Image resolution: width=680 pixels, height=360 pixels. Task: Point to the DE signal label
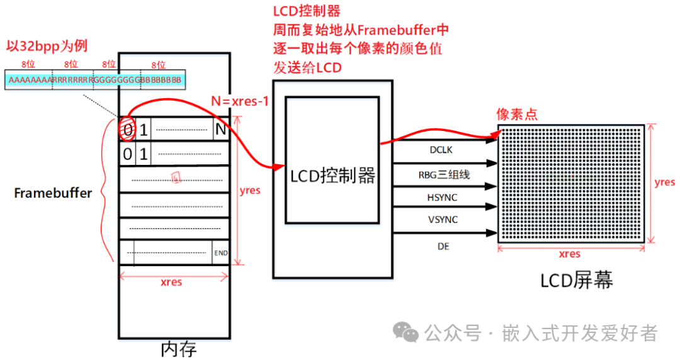point(443,246)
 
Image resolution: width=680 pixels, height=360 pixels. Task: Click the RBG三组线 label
point(443,174)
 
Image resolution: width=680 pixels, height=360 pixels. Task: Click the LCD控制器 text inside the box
point(332,176)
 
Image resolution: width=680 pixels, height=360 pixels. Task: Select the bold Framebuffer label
point(53,193)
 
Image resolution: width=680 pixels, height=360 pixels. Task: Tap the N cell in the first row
point(220,131)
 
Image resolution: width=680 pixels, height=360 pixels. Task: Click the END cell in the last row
point(221,253)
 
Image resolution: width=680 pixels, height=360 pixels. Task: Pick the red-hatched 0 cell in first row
point(127,131)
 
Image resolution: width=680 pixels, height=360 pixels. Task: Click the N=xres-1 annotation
point(239,101)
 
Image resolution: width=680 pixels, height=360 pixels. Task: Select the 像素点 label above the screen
point(517,114)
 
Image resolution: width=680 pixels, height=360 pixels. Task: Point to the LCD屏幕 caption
point(576,281)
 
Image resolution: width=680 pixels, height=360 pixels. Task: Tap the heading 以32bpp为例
point(47,46)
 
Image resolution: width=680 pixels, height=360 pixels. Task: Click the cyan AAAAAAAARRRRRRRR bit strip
point(94,80)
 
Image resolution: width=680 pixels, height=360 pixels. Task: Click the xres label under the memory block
point(171,281)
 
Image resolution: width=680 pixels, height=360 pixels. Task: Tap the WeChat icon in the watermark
point(405,332)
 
